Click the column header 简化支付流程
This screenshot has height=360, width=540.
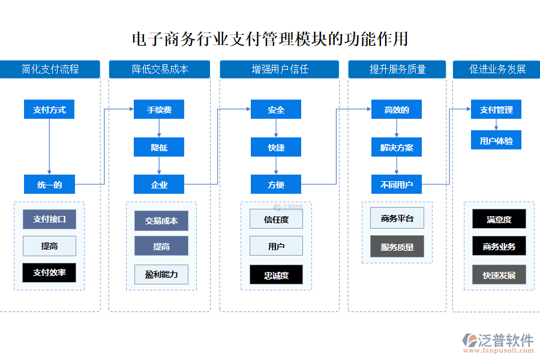coord(50,69)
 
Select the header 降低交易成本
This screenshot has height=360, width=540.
coord(160,69)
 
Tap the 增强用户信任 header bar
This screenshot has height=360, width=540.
coord(280,69)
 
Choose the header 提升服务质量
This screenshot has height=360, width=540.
coord(397,69)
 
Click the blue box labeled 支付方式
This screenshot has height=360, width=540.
coord(49,110)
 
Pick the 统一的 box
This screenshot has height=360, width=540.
coord(49,185)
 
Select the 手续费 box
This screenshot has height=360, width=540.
coord(159,110)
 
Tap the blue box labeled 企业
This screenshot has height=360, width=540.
coord(159,185)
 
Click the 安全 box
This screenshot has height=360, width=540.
coord(276,110)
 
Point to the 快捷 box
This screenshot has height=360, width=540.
coord(276,148)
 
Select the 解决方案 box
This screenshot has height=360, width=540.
coord(397,148)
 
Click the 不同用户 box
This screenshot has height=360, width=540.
coord(397,185)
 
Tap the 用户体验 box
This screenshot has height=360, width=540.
coord(496,140)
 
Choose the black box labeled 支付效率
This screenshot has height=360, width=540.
coord(49,272)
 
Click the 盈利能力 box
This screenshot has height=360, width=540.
coord(161,274)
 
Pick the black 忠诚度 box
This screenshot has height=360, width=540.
coord(276,275)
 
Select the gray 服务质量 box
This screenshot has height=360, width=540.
coord(397,246)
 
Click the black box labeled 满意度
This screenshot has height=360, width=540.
coord(499,219)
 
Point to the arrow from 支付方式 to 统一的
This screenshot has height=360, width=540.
coord(49,147)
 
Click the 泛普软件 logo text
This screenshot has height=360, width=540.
coord(505,341)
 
